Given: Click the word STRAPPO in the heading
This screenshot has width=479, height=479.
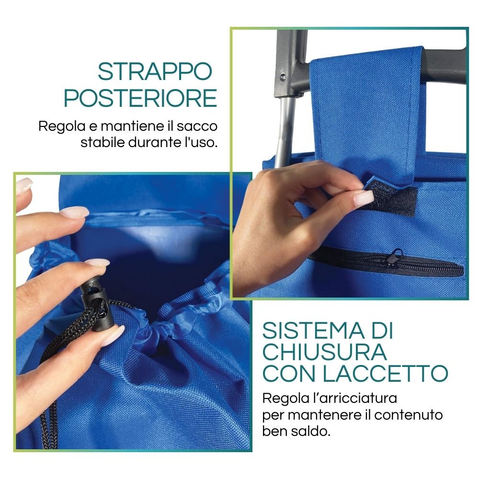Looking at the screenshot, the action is [155, 71].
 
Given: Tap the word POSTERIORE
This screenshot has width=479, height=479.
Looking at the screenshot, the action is [140, 98].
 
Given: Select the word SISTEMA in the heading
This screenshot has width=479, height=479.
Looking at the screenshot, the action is [313, 331].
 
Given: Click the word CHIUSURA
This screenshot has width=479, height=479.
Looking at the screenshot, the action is [325, 352].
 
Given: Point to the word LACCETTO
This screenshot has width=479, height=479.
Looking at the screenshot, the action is [386, 373].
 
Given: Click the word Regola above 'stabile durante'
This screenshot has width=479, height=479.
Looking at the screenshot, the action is [62, 126].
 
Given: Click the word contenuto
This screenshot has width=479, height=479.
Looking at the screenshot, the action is [409, 415].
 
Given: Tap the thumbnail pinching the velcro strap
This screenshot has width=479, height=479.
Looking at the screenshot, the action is [364, 197].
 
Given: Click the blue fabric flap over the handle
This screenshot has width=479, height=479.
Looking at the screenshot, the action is [366, 113].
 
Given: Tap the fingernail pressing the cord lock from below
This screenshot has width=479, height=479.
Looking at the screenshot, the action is [113, 335].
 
